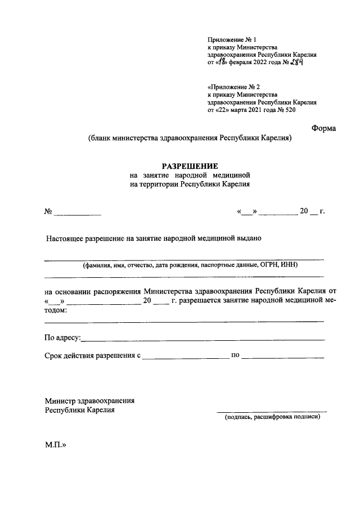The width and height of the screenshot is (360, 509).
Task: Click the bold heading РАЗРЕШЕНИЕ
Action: tap(189, 166)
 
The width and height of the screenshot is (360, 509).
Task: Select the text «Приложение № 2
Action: tap(233, 87)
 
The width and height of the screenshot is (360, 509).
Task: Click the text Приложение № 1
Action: tap(231, 39)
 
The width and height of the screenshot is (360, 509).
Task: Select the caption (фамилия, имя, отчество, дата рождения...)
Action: tap(188, 265)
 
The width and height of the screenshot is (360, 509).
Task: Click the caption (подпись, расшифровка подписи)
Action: tap(272, 417)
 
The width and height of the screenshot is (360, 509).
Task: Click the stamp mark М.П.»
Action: tap(56, 444)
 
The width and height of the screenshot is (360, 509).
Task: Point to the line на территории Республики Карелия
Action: tap(189, 184)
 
